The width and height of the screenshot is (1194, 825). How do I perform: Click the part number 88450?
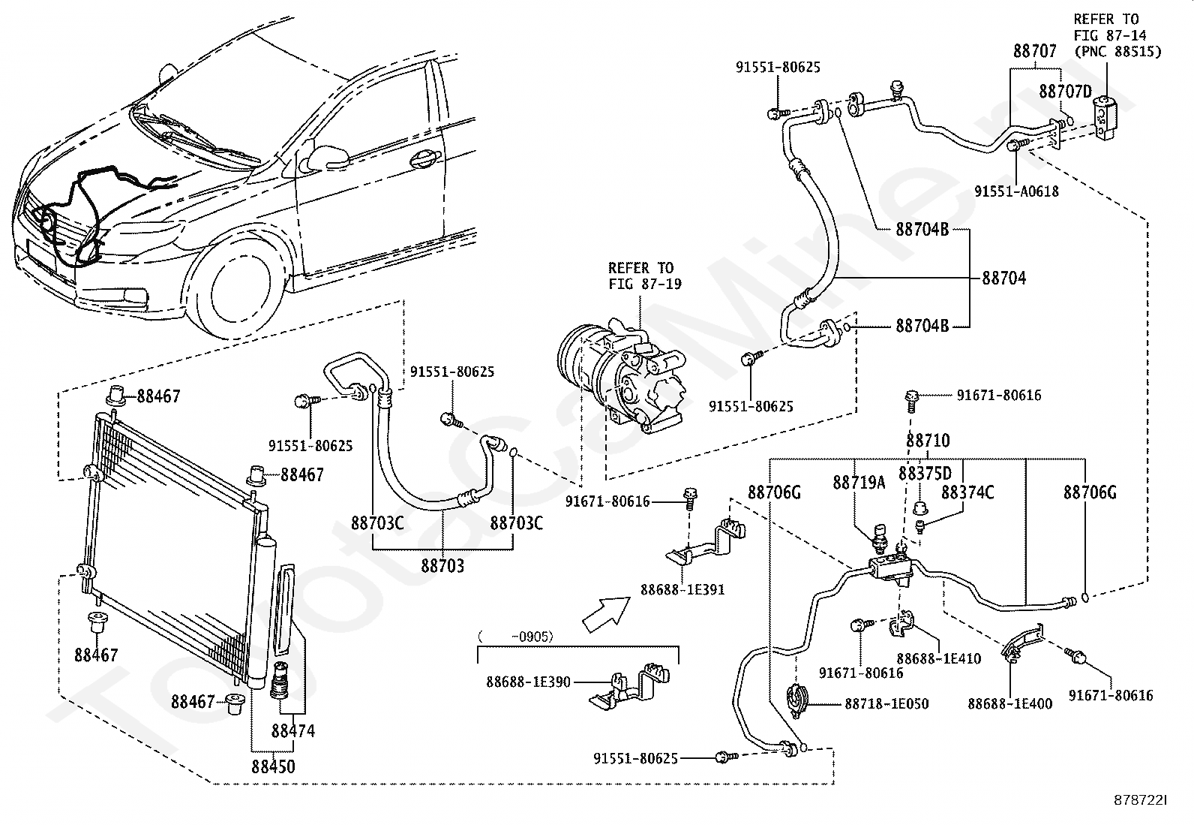click(x=273, y=766)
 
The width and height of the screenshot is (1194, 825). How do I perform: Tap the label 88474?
click(x=293, y=730)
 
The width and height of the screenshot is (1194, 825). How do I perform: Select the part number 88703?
click(x=442, y=565)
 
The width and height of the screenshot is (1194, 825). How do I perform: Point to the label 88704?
click(x=1004, y=278)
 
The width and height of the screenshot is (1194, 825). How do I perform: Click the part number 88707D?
click(x=1066, y=92)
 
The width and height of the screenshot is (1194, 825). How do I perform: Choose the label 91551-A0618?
click(x=1016, y=191)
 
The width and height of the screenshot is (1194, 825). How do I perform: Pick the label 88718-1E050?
click(x=886, y=704)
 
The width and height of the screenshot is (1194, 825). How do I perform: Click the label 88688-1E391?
click(x=682, y=590)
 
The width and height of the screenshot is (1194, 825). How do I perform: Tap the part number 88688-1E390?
click(x=528, y=682)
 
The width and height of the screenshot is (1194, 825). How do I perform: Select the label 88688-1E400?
click(x=1010, y=704)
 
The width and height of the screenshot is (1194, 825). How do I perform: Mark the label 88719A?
click(x=859, y=483)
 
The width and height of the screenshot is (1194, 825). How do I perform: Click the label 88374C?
click(x=967, y=492)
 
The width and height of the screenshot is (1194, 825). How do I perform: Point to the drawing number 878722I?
click(x=1140, y=800)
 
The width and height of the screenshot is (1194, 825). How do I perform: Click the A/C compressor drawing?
click(x=621, y=375)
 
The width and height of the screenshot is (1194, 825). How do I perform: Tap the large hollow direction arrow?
click(x=606, y=614)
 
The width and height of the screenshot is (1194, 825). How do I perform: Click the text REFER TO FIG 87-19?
click(x=645, y=276)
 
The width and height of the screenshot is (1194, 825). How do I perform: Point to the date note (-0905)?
click(x=515, y=636)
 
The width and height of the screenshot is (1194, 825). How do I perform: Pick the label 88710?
click(x=928, y=440)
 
